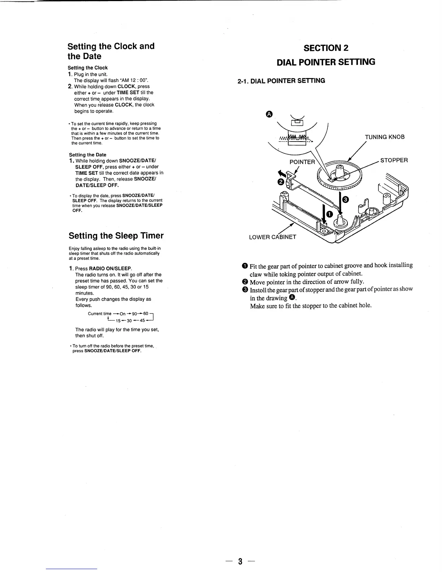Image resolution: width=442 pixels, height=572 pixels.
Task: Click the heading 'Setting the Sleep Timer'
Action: (x=116, y=236)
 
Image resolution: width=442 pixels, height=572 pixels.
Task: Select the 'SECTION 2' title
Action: (x=326, y=48)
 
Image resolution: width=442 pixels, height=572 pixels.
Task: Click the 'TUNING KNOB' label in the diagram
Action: (x=385, y=137)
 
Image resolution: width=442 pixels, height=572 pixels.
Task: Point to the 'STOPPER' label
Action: (x=394, y=160)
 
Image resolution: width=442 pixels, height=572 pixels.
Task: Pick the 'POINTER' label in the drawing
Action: (x=302, y=162)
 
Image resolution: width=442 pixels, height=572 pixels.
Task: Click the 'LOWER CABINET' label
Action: (x=273, y=237)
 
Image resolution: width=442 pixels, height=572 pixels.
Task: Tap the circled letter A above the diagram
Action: (x=268, y=114)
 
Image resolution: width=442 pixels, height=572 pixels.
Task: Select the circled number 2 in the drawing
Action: (x=280, y=182)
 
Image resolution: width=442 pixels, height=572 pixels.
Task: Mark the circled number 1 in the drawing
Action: (x=329, y=214)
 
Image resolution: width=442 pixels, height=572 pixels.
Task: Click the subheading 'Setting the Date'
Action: (x=87, y=155)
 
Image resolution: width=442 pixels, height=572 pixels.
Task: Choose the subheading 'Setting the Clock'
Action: (x=88, y=68)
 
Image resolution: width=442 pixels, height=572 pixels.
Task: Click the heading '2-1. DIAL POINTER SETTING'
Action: (x=281, y=81)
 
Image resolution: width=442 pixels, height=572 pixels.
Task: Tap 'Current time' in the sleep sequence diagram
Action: (x=100, y=313)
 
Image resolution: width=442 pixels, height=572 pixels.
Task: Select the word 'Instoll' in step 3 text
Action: (x=258, y=290)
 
